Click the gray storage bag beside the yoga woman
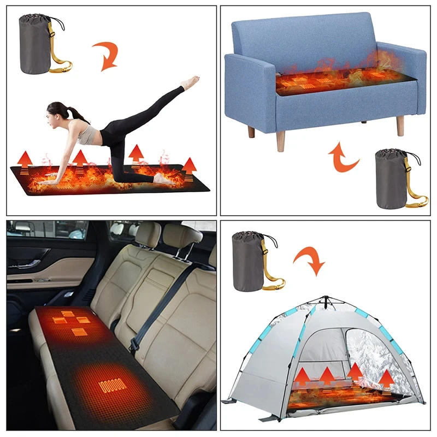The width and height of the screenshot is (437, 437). click(35, 44)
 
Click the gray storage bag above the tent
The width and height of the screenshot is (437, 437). click(249, 259)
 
